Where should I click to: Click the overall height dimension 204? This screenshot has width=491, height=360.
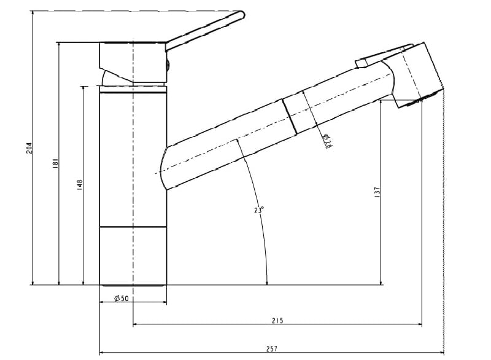click(x=29, y=147)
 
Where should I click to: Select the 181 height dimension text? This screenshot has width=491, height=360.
click(x=55, y=163)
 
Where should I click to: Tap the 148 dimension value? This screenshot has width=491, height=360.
click(x=79, y=184)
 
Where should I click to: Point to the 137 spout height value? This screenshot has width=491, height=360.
click(x=377, y=192)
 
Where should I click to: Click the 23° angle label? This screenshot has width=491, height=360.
click(x=259, y=210)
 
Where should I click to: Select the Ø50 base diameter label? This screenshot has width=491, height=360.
click(x=121, y=299)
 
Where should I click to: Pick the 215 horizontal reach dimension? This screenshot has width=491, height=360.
click(x=277, y=321)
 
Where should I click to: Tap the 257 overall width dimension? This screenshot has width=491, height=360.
click(x=271, y=349)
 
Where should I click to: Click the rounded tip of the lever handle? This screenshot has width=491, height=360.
click(x=241, y=15)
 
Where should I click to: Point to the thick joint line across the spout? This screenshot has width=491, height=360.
click(x=289, y=115)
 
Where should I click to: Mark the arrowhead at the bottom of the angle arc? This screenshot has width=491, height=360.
click(x=267, y=282)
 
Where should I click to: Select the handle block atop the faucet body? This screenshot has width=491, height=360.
click(x=132, y=61)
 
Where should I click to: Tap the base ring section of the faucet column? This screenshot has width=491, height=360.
click(x=133, y=256)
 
